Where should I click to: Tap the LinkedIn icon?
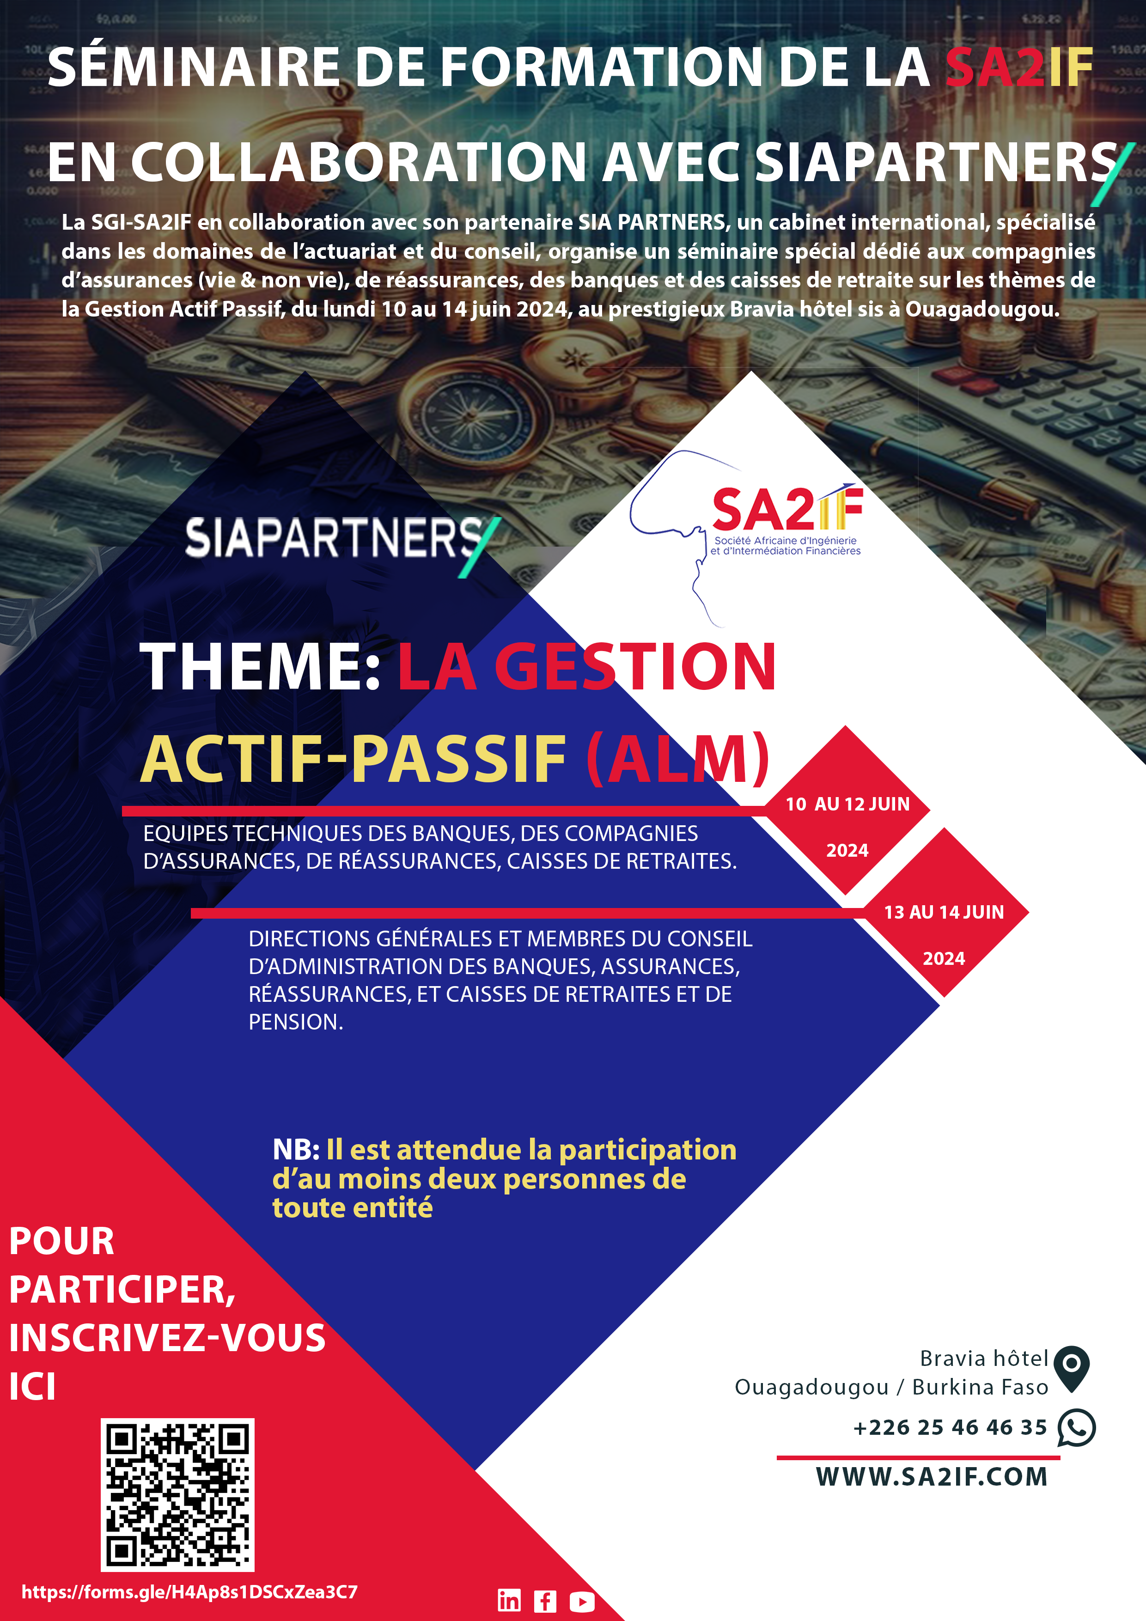pyautogui.click(x=509, y=1601)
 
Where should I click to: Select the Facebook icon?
pyautogui.click(x=545, y=1601)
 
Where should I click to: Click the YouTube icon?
pyautogui.click(x=582, y=1601)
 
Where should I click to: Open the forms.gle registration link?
pyautogui.click(x=189, y=1592)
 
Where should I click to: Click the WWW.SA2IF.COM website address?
pyautogui.click(x=932, y=1477)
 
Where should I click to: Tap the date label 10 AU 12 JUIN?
pyautogui.click(x=847, y=804)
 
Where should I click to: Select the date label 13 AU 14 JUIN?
pyautogui.click(x=944, y=912)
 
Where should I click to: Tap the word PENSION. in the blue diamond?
pyautogui.click(x=296, y=1022)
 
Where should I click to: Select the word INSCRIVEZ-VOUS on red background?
pyautogui.click(x=167, y=1338)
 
